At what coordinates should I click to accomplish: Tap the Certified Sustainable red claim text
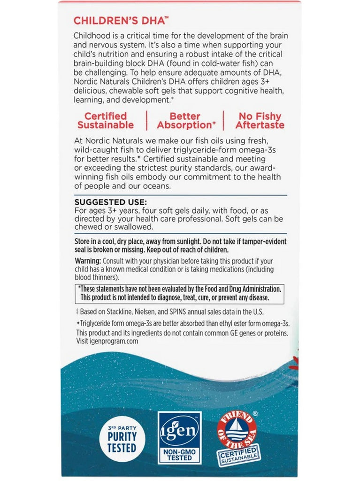106,120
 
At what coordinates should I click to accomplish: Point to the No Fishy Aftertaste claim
260,120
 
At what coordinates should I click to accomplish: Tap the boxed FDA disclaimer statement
180,294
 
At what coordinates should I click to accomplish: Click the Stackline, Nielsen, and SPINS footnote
169,311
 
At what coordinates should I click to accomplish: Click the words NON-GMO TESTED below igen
180,454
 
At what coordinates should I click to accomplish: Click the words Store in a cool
99,241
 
